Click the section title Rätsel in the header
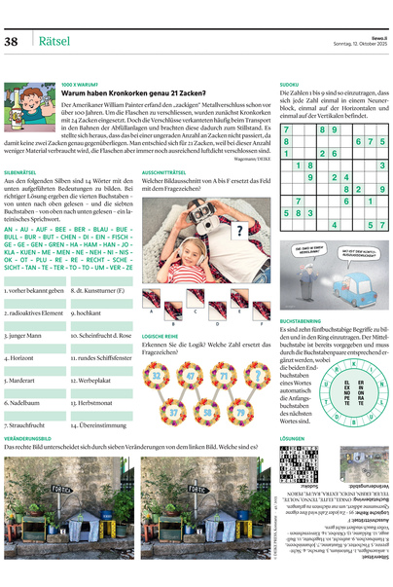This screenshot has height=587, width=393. click(53, 41)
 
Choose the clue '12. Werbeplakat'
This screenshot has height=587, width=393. click(93, 380)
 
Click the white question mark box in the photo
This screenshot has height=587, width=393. click(239, 232)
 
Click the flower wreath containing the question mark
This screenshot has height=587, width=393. click(257, 374)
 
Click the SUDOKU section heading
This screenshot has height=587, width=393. click(289, 85)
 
